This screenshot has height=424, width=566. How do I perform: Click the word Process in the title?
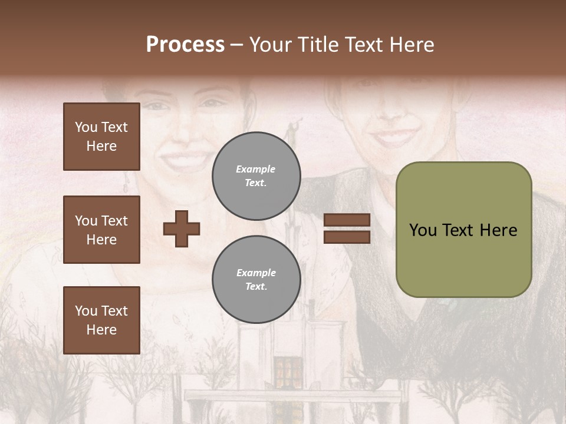[185, 44]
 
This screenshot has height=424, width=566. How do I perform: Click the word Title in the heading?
[319, 44]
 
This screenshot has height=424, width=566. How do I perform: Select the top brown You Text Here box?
[101, 137]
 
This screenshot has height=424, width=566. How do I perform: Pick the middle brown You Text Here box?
[101, 230]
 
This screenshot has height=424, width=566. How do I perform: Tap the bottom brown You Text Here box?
[101, 320]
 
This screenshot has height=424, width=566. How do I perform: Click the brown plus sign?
[182, 228]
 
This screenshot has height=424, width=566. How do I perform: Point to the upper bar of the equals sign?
[347, 220]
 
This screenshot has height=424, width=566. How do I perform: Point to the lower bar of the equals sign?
[347, 237]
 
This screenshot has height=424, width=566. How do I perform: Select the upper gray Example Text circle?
[256, 175]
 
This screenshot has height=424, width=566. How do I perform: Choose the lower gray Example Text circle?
[256, 279]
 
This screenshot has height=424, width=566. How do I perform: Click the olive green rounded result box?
[463, 230]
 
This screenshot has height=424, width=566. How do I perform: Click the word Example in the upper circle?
[255, 169]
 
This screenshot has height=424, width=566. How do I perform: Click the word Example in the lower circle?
[256, 273]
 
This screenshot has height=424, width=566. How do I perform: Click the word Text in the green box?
[456, 230]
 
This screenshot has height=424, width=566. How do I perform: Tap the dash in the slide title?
[236, 44]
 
